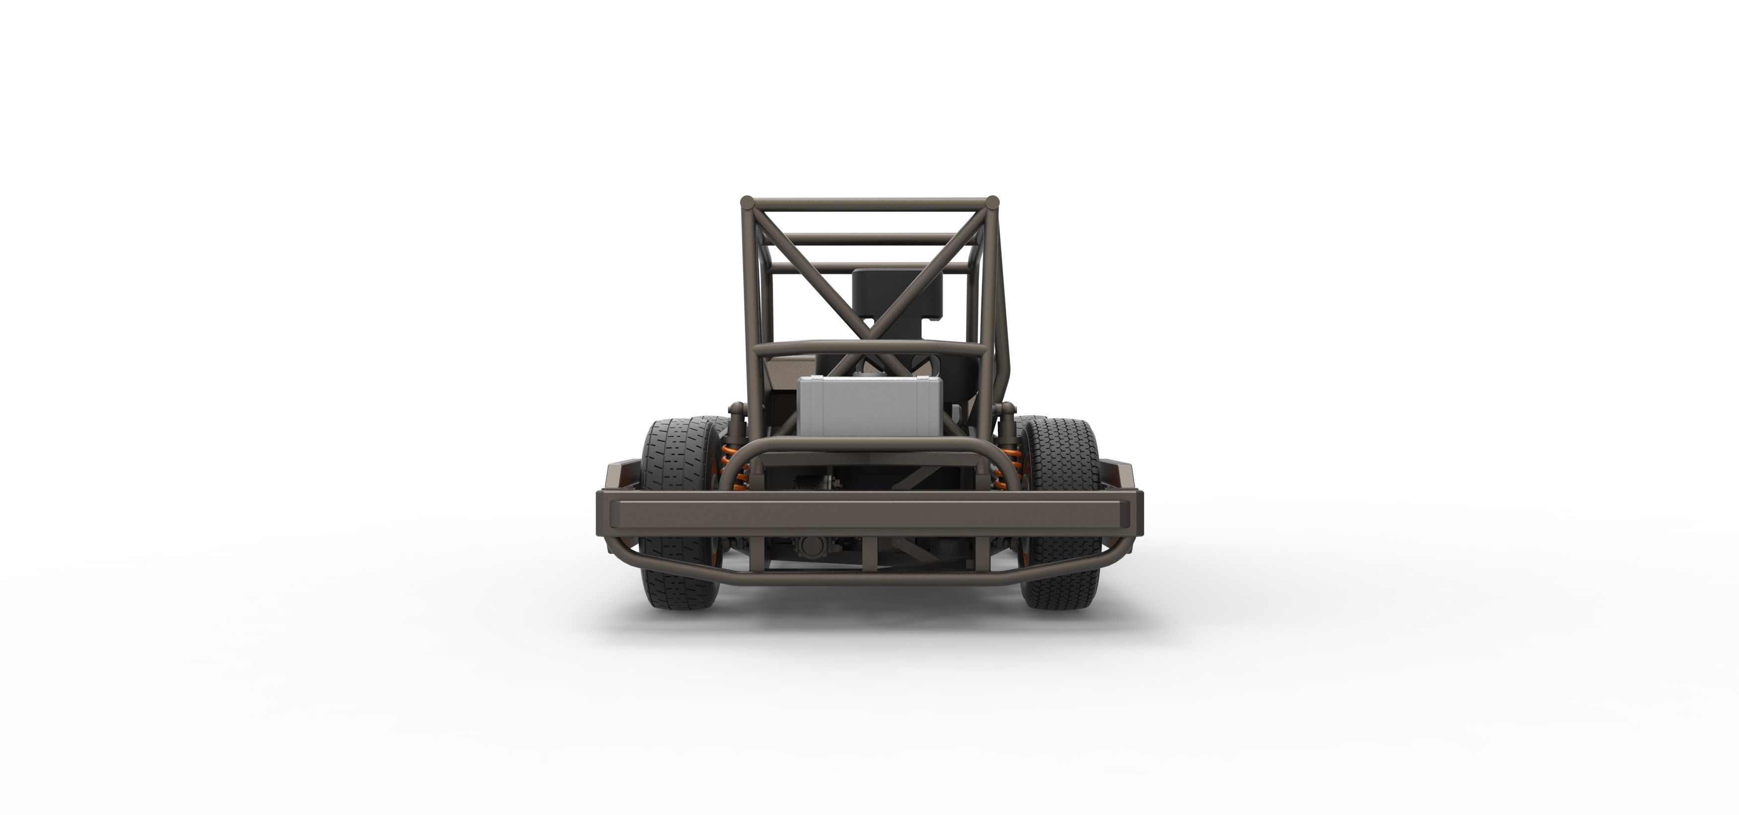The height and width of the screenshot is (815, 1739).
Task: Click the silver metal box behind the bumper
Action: [x=869, y=406]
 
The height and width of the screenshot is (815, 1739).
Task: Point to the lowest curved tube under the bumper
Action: [x=869, y=580]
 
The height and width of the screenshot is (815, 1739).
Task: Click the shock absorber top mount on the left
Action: [x=737, y=409]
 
